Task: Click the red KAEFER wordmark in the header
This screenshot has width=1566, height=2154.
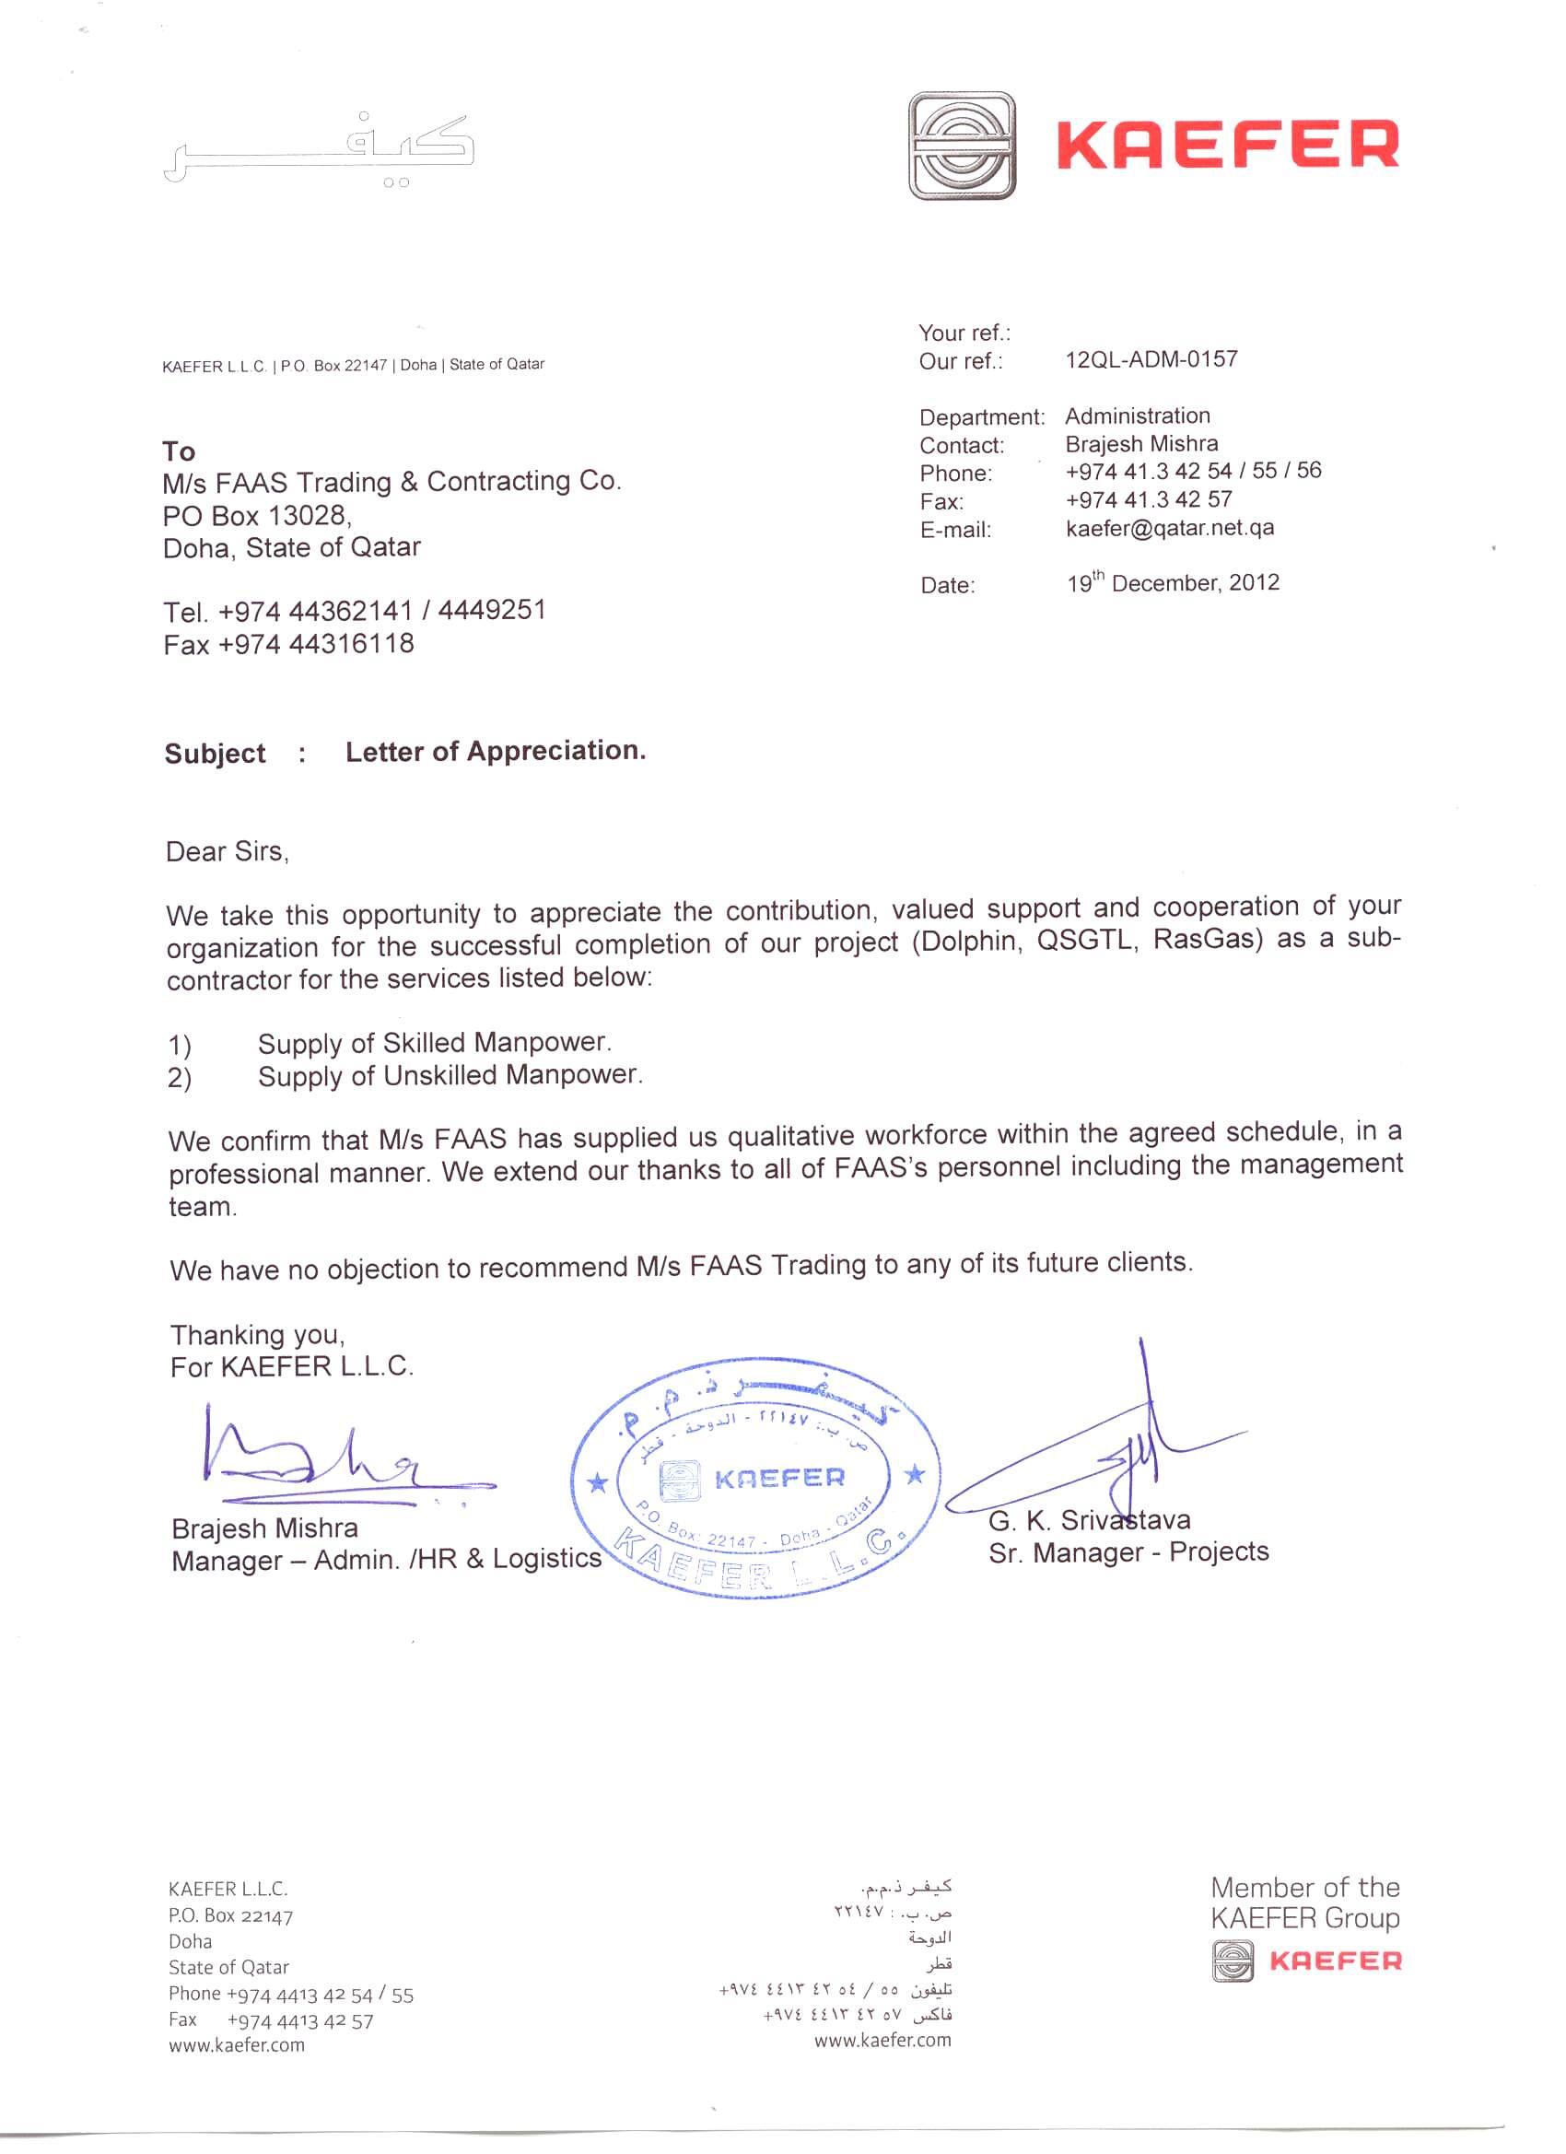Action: (1227, 146)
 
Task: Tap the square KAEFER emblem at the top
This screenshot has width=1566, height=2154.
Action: (961, 146)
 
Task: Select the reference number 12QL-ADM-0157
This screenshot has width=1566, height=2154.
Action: (1151, 359)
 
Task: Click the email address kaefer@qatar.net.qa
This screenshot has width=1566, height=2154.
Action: (1169, 528)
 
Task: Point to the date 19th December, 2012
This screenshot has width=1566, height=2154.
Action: (1172, 582)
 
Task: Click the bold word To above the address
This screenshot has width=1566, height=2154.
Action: (179, 451)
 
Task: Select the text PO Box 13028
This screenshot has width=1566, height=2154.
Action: (256, 516)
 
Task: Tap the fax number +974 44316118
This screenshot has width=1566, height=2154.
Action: (288, 644)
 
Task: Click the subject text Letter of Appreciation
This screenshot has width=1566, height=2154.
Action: (495, 751)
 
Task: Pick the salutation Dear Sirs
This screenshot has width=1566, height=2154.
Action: (227, 851)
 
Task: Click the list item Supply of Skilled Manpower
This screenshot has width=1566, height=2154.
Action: (434, 1043)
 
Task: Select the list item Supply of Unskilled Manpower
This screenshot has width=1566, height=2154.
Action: (450, 1075)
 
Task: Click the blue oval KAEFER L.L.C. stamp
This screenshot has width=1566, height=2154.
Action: (756, 1477)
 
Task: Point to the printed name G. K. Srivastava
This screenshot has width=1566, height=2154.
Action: (1088, 1520)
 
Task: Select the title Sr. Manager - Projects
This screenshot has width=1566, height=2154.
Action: (1128, 1552)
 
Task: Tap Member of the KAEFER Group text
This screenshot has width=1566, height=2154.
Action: (1304, 1902)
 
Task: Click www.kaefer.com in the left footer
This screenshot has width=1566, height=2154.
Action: (237, 2044)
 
